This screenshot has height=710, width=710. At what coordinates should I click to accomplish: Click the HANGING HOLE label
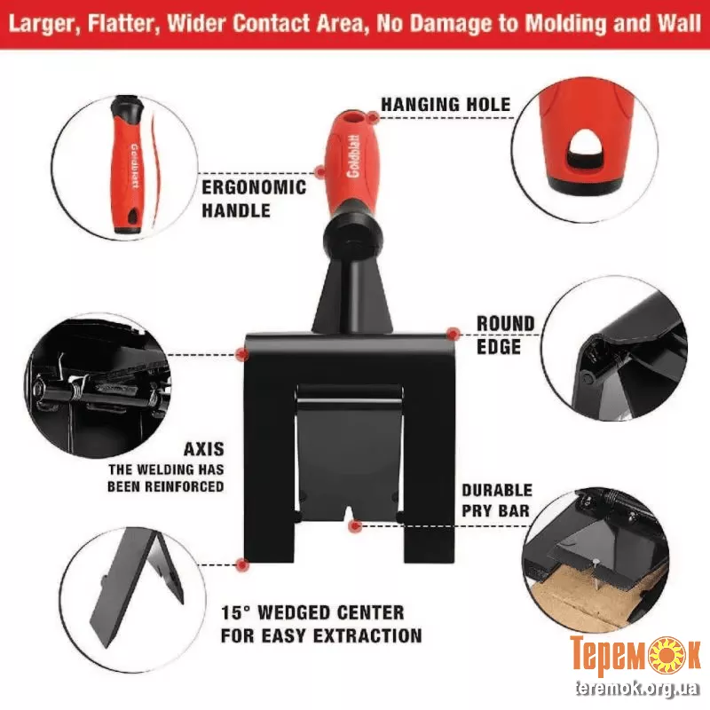446,105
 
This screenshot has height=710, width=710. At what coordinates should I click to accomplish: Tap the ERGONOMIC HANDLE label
254,199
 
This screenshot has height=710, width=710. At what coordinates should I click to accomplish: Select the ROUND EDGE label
505,335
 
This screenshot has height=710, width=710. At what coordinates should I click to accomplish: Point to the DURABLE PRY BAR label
497,501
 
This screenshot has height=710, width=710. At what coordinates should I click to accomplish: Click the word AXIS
204,449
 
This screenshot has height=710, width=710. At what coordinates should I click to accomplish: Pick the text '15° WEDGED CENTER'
312,612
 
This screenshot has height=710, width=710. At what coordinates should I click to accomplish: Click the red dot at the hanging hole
373,118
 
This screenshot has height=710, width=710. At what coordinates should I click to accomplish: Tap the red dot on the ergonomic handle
320,171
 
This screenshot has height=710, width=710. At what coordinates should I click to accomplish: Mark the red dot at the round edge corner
453,335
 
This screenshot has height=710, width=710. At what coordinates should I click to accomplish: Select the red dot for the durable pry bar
356,525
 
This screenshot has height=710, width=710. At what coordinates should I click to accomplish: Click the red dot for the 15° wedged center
242,564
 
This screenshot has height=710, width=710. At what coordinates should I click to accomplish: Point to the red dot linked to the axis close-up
242,353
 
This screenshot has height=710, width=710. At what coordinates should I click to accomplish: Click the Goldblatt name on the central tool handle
352,156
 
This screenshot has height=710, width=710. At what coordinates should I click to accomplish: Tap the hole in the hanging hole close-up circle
585,149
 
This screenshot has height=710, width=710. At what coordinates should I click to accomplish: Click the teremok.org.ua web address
637,690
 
